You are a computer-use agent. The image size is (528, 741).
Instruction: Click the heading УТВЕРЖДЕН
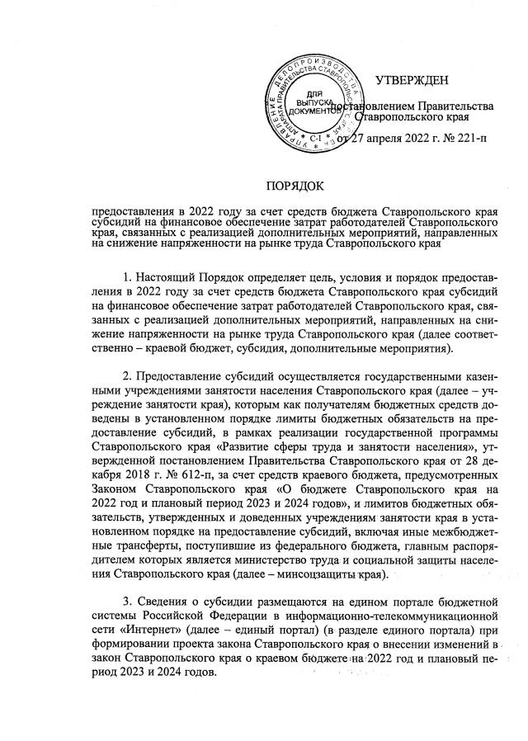(x=412, y=81)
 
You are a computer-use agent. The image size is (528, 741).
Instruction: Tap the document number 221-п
(x=468, y=137)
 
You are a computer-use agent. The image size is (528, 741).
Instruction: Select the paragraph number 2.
(x=125, y=377)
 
